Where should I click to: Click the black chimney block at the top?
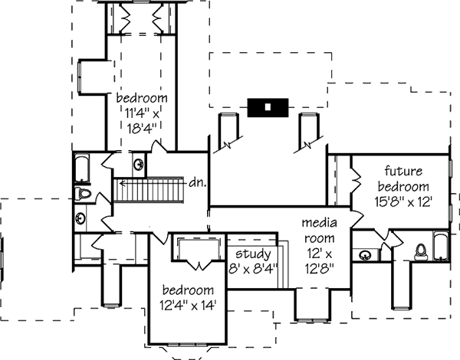(267, 108)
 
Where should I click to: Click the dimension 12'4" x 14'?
(188, 305)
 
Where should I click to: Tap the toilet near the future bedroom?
(420, 250)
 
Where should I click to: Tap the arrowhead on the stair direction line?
(118, 184)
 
